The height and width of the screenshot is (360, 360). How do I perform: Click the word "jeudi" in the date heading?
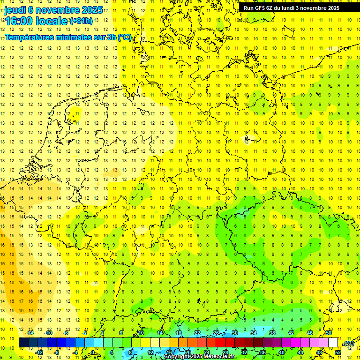tap(15, 10)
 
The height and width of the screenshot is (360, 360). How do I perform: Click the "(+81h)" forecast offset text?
tap(81, 21)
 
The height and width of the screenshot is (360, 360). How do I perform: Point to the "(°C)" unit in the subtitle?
tap(124, 37)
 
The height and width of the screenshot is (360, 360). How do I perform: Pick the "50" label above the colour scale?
tap(329, 333)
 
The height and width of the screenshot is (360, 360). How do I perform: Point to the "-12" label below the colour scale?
tap(39, 352)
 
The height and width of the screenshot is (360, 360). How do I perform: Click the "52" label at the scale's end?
tap(338, 352)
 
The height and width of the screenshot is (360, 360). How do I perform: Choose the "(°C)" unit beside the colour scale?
tap(349, 344)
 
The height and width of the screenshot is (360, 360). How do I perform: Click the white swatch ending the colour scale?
tap(333, 343)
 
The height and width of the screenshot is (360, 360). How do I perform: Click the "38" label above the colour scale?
tap(272, 333)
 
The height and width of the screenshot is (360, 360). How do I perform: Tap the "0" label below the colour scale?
tap(93, 352)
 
